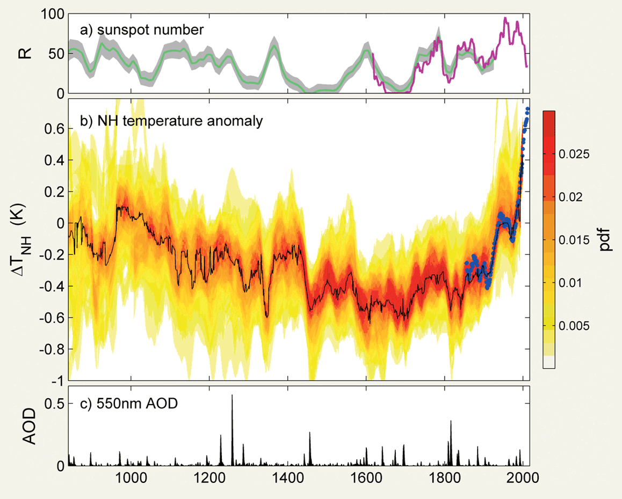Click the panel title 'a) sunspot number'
click(x=142, y=31)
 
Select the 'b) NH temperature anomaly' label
click(x=171, y=121)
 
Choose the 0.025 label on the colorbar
click(x=578, y=155)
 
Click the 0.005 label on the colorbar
click(x=578, y=326)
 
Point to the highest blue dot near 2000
click(x=527, y=109)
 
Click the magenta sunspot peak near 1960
click(x=505, y=18)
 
